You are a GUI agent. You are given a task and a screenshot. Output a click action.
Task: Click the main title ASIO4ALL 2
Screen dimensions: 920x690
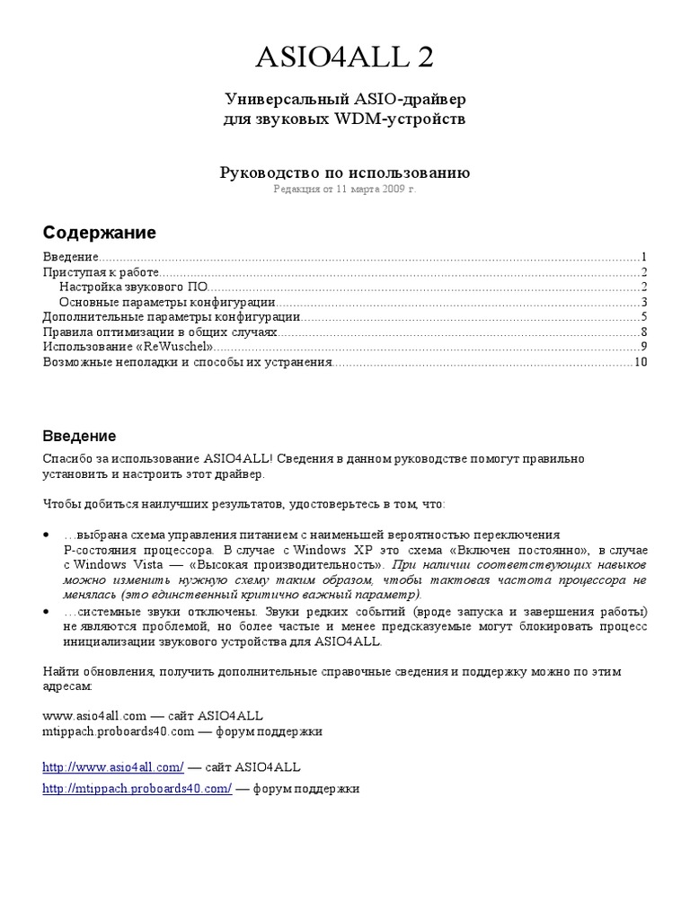point(345,57)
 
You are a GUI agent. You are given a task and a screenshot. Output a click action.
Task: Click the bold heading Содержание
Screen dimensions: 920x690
point(99,233)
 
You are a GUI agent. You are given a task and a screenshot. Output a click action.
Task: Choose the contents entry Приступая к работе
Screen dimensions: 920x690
point(102,271)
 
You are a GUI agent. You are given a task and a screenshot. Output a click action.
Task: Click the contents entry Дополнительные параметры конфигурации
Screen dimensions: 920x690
point(172,317)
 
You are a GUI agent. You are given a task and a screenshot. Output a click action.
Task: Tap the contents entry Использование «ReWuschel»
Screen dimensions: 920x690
point(128,347)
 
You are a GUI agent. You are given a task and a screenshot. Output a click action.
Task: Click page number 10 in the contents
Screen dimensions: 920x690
point(641,362)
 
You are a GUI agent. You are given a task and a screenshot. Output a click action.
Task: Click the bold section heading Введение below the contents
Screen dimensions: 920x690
point(80,437)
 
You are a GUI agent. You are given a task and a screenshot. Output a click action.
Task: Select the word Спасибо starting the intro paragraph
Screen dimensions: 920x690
point(66,459)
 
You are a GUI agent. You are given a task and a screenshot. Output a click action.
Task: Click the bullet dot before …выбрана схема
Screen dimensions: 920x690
point(47,535)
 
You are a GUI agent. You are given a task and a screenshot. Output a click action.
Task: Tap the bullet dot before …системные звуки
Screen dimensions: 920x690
point(47,611)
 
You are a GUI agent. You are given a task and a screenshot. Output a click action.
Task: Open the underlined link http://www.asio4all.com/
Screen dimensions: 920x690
point(113,767)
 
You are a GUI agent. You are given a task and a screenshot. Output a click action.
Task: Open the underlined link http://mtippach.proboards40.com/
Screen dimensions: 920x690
point(137,788)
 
